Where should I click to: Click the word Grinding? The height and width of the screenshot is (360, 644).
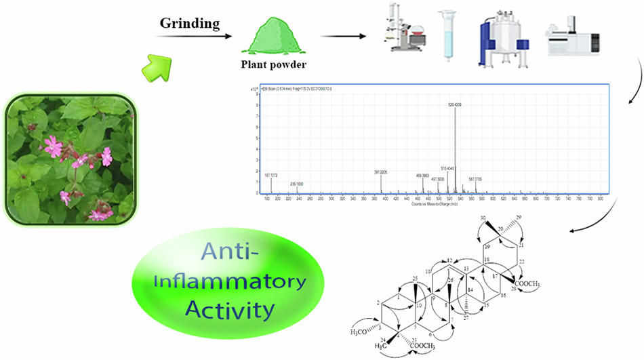click(x=190, y=24)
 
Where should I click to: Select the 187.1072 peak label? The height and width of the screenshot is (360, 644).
click(x=272, y=175)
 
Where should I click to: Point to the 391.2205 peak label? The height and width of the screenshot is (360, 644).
click(x=382, y=172)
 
